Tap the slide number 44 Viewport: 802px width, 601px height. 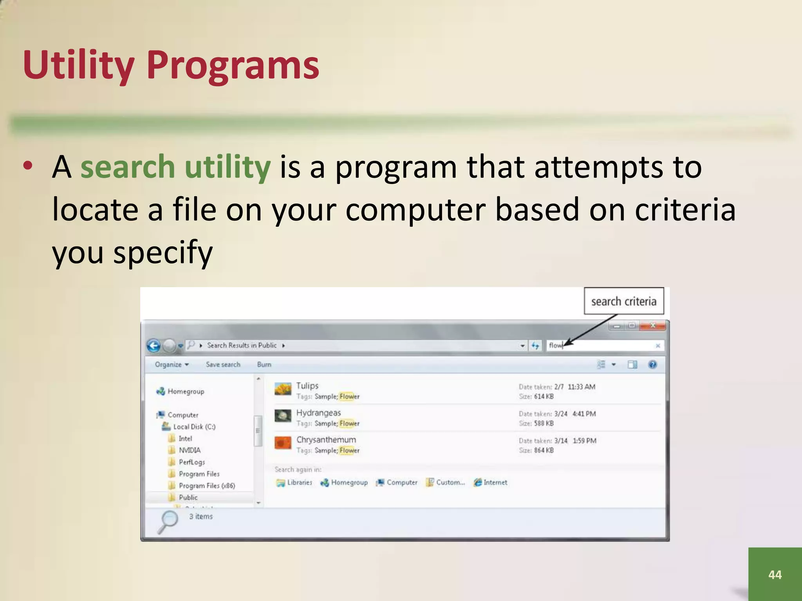(775, 574)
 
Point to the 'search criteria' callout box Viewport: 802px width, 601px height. (623, 301)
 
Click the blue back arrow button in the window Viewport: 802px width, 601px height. (154, 345)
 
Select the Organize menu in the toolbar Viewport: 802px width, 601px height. (172, 364)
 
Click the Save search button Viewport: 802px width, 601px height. (223, 364)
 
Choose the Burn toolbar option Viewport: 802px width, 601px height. (264, 364)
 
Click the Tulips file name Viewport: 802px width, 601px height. (307, 386)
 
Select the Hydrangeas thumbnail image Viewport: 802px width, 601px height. (283, 416)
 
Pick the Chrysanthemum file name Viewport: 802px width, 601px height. (326, 440)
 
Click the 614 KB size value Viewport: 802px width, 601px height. (544, 396)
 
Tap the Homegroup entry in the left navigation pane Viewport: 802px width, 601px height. (185, 391)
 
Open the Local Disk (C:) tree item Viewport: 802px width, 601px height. (194, 426)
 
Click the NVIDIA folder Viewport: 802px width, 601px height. (189, 450)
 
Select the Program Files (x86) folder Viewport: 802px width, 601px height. (206, 486)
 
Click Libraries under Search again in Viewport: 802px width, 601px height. (299, 482)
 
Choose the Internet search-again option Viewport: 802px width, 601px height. (495, 482)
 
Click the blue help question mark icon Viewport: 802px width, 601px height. (652, 365)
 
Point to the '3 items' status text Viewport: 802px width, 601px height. (201, 516)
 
